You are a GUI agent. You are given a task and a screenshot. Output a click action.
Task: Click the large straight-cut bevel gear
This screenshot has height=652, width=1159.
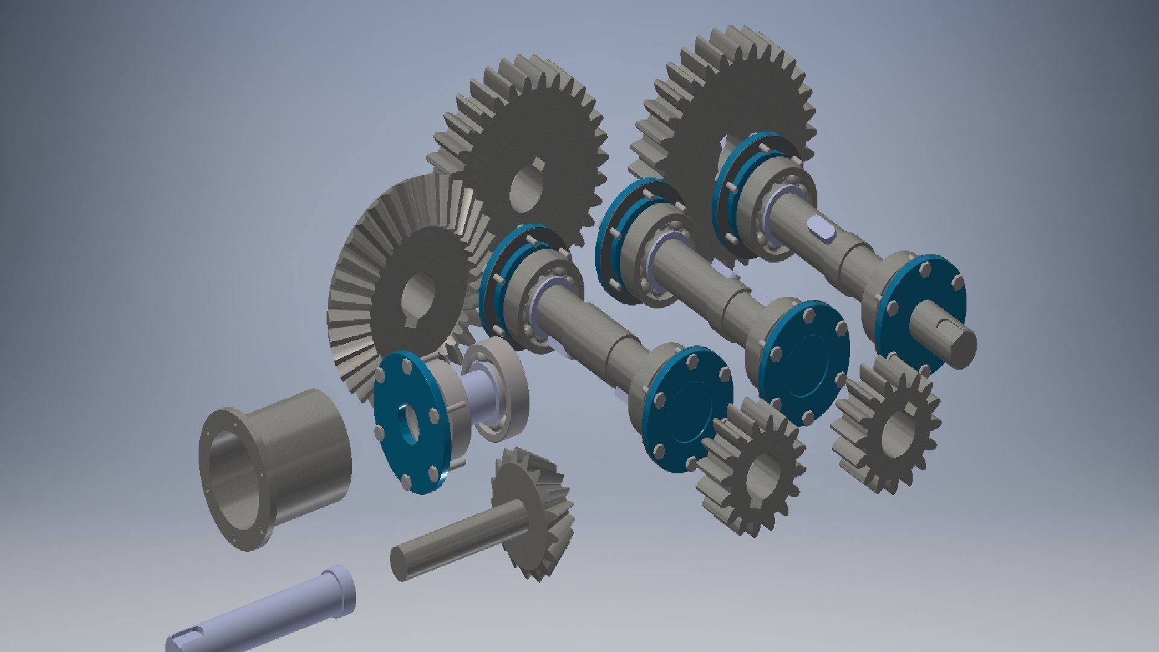[x=368, y=254]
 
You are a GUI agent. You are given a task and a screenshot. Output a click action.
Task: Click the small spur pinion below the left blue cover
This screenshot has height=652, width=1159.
[x=752, y=465]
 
